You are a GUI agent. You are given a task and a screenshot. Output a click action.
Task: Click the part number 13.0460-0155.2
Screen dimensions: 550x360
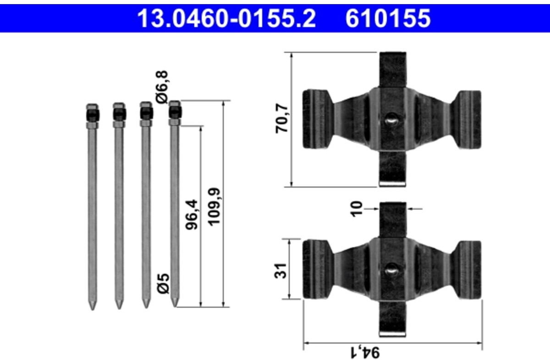(x=226, y=18)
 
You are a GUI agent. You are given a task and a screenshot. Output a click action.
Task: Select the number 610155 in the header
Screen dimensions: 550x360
(x=388, y=18)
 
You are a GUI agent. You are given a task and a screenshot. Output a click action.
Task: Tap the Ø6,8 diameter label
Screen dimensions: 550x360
(x=162, y=87)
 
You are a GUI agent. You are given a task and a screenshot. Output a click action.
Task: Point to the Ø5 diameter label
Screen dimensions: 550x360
(x=163, y=283)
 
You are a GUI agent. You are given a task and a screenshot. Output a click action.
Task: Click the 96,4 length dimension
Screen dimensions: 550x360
(x=192, y=215)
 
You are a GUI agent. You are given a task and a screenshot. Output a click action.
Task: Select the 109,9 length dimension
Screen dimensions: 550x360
(x=214, y=206)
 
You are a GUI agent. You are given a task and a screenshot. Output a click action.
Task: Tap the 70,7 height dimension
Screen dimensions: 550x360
(x=281, y=118)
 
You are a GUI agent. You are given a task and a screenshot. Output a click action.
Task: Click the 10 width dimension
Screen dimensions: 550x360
(x=357, y=209)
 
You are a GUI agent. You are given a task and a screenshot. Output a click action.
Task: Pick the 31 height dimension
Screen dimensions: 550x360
(x=280, y=271)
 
